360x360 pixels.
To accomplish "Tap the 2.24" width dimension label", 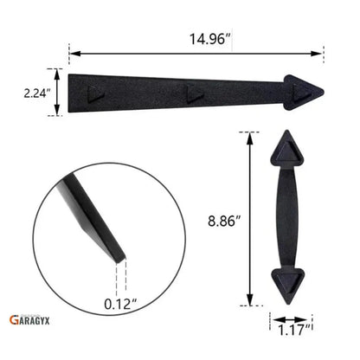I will [35, 91].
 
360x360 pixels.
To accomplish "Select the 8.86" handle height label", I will [222, 221].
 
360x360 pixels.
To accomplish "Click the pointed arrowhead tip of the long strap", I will [321, 91].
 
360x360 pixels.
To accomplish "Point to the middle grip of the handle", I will [287, 215].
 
